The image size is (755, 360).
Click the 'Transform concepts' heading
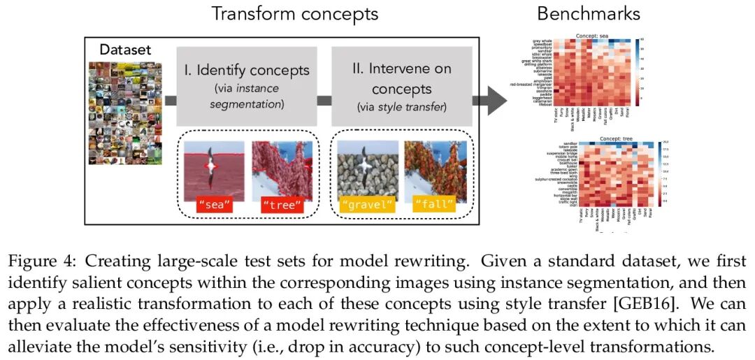point(294,13)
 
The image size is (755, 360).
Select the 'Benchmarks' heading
point(588,13)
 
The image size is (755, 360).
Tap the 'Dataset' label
point(125,49)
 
